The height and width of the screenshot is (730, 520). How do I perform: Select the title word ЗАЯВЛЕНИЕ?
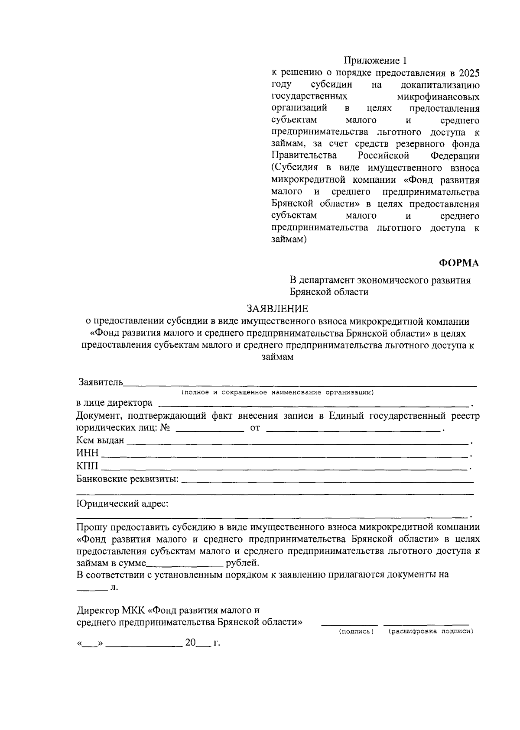[278, 308]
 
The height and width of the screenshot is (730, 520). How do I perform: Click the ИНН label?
[88, 453]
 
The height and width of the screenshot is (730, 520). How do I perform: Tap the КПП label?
[87, 466]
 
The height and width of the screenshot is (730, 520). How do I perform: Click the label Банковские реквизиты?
[128, 479]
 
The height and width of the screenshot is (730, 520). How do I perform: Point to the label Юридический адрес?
[123, 504]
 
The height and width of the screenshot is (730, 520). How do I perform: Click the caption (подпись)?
[356, 632]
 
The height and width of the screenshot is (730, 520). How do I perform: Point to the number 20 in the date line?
[191, 643]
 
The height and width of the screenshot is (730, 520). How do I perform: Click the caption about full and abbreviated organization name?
[278, 393]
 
